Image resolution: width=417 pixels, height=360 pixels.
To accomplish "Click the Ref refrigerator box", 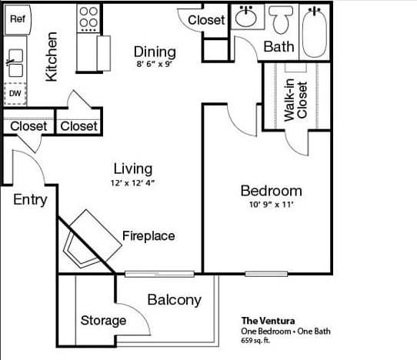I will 17,19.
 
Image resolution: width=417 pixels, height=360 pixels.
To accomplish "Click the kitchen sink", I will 15,62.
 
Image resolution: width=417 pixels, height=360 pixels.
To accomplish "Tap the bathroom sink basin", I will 246,16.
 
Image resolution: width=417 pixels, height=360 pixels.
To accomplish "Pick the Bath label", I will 279,47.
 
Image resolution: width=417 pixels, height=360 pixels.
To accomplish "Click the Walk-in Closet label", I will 295,100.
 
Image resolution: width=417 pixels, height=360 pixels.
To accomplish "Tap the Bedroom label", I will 271,191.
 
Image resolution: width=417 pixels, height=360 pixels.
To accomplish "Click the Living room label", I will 132,168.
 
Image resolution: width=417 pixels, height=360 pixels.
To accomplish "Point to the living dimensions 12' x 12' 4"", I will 132,182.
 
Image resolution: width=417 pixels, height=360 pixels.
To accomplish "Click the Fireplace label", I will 148,236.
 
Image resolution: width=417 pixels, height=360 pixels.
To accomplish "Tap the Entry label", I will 30,200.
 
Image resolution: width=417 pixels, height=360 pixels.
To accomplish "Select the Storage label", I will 103,320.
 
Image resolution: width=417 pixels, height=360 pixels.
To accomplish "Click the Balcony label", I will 174,300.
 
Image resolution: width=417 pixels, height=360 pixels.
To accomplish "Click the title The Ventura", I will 269,321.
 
